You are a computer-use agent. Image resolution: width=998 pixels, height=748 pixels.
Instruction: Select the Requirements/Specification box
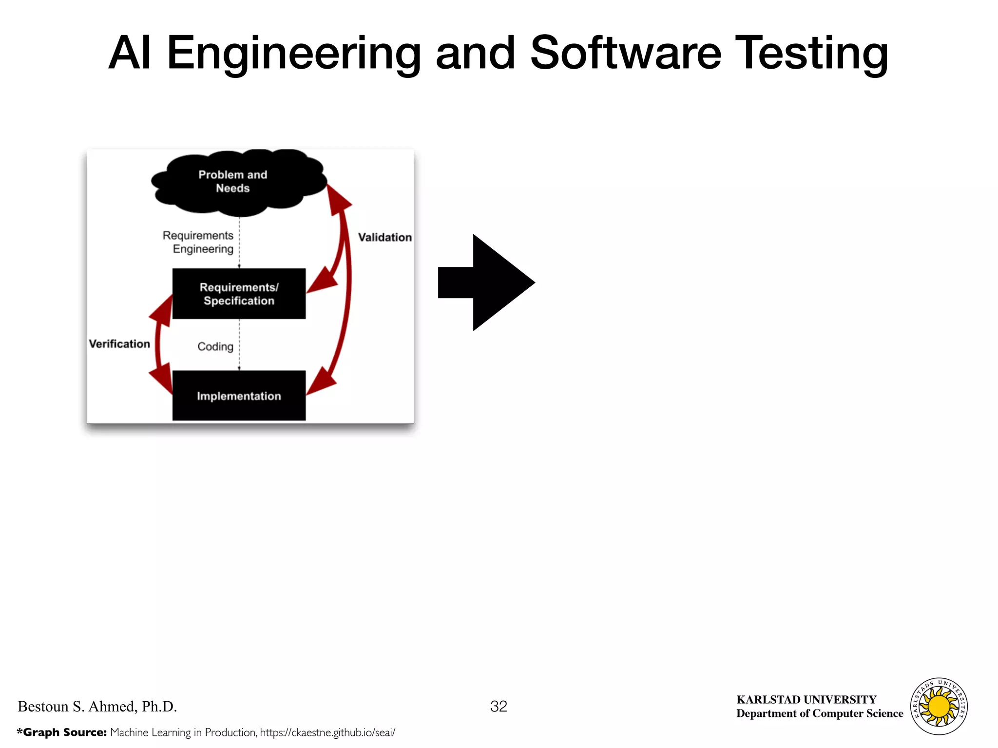239,294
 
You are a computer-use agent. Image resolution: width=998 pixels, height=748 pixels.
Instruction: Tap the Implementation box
239,395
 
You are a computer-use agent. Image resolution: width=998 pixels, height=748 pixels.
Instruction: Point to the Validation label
384,237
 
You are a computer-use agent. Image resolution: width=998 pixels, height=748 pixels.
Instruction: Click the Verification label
119,344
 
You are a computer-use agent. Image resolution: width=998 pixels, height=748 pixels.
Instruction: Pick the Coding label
215,346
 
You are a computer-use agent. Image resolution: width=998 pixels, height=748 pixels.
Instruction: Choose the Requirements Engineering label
198,242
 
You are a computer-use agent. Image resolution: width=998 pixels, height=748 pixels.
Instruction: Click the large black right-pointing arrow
487,282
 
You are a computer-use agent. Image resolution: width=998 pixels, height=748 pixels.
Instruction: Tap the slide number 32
499,706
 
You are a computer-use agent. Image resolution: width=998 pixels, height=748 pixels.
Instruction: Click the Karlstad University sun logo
939,706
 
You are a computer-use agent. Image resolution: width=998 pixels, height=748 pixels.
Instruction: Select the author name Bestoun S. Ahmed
97,706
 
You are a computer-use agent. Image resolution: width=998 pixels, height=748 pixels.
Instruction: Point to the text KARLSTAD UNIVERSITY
806,699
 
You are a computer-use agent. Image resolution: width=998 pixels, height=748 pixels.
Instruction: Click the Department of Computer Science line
819,713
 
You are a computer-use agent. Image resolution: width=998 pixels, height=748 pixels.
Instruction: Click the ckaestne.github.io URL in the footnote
327,732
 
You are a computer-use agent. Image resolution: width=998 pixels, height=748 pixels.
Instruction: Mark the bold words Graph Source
64,732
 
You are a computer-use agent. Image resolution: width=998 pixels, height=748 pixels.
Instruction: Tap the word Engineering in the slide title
294,54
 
